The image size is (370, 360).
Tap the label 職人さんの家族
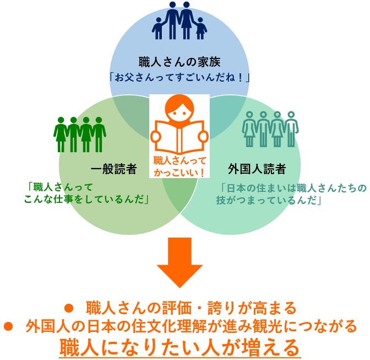[x=179, y=62]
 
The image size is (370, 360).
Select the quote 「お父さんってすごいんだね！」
[x=179, y=78]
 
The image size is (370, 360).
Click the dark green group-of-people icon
[x=80, y=135]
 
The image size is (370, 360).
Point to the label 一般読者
[x=114, y=169]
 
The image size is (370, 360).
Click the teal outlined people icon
[x=270, y=129]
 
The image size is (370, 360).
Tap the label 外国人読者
[x=257, y=169]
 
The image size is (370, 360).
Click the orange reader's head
[x=179, y=109]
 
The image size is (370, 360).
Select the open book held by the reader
[x=179, y=137]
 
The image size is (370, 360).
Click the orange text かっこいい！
[x=179, y=173]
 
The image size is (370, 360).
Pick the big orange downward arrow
[x=180, y=262]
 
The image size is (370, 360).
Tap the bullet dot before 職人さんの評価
[x=69, y=308]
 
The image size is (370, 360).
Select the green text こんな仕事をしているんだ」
[x=86, y=200]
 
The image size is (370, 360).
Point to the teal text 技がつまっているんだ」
[x=269, y=200]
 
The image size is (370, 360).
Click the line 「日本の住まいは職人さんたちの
[x=293, y=188]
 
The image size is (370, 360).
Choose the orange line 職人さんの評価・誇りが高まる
[x=191, y=308]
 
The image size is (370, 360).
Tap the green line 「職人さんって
[x=60, y=187]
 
